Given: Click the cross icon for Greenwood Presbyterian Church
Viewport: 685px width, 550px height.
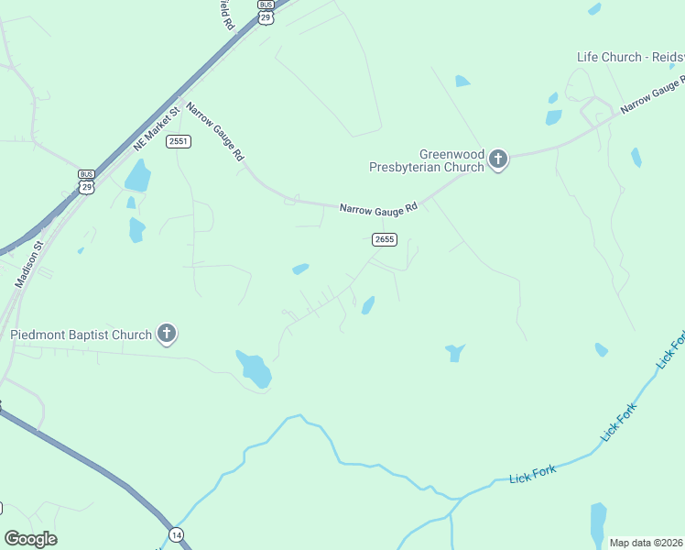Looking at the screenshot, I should [498, 160].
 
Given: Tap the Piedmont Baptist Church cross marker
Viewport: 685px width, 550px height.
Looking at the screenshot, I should [167, 334].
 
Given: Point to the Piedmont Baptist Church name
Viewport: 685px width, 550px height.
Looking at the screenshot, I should [81, 335].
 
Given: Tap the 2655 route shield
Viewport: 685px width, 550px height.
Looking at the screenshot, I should [384, 239].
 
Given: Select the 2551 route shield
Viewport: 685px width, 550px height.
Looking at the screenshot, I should [178, 141].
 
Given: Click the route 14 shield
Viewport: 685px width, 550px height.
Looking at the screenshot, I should [175, 533].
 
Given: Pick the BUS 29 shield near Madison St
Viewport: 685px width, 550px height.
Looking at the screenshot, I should [86, 181].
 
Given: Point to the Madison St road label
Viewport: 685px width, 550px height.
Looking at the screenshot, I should [29, 265].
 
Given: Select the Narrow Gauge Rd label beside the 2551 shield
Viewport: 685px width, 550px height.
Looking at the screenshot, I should [216, 133].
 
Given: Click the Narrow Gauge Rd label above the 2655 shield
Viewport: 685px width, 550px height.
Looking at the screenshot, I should [378, 208].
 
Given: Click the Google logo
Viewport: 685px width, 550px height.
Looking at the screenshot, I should [30, 539].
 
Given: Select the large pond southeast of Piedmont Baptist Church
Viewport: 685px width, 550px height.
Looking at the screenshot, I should [254, 368].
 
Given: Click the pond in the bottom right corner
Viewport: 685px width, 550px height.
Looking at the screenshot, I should [598, 522].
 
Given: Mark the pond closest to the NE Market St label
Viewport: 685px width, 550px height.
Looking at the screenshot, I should [137, 175].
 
